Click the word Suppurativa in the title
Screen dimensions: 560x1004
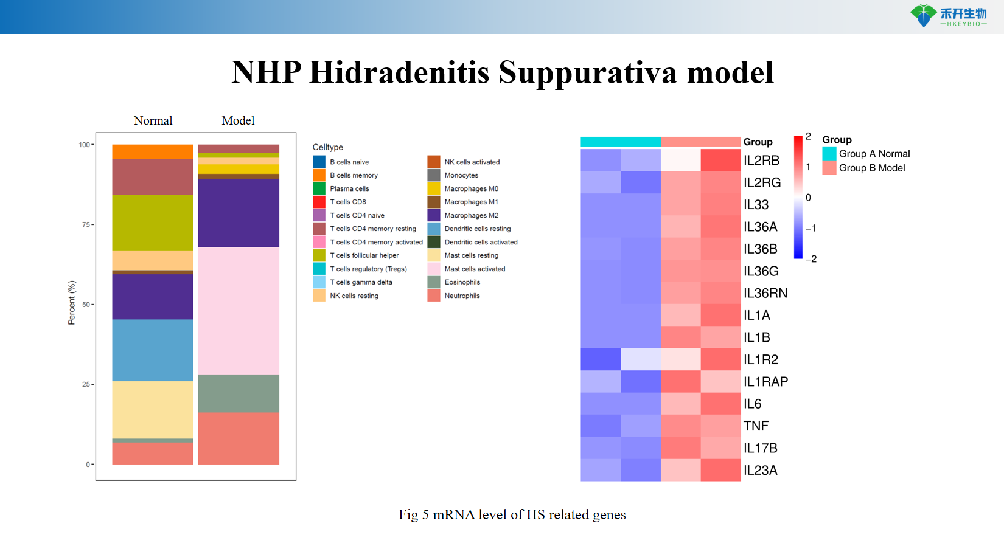588,73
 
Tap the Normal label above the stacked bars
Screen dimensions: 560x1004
153,121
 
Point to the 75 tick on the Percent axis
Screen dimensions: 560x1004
86,225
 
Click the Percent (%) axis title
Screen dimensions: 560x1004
72,303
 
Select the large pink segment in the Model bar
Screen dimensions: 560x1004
239,310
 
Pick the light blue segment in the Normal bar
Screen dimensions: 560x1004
153,350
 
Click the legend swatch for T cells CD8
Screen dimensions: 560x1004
319,202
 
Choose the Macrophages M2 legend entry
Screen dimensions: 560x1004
471,215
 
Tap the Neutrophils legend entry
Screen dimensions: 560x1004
462,296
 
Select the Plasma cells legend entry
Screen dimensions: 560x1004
349,188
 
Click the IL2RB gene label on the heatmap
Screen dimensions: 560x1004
761,161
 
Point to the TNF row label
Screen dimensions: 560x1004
756,426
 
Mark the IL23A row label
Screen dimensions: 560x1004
760,471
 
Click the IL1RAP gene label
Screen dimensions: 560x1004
765,382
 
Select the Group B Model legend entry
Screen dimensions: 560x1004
871,168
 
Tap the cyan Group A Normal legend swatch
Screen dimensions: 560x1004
829,154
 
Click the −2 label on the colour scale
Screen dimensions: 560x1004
811,259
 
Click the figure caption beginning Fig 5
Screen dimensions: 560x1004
512,515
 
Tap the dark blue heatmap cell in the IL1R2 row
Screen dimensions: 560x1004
601,359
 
